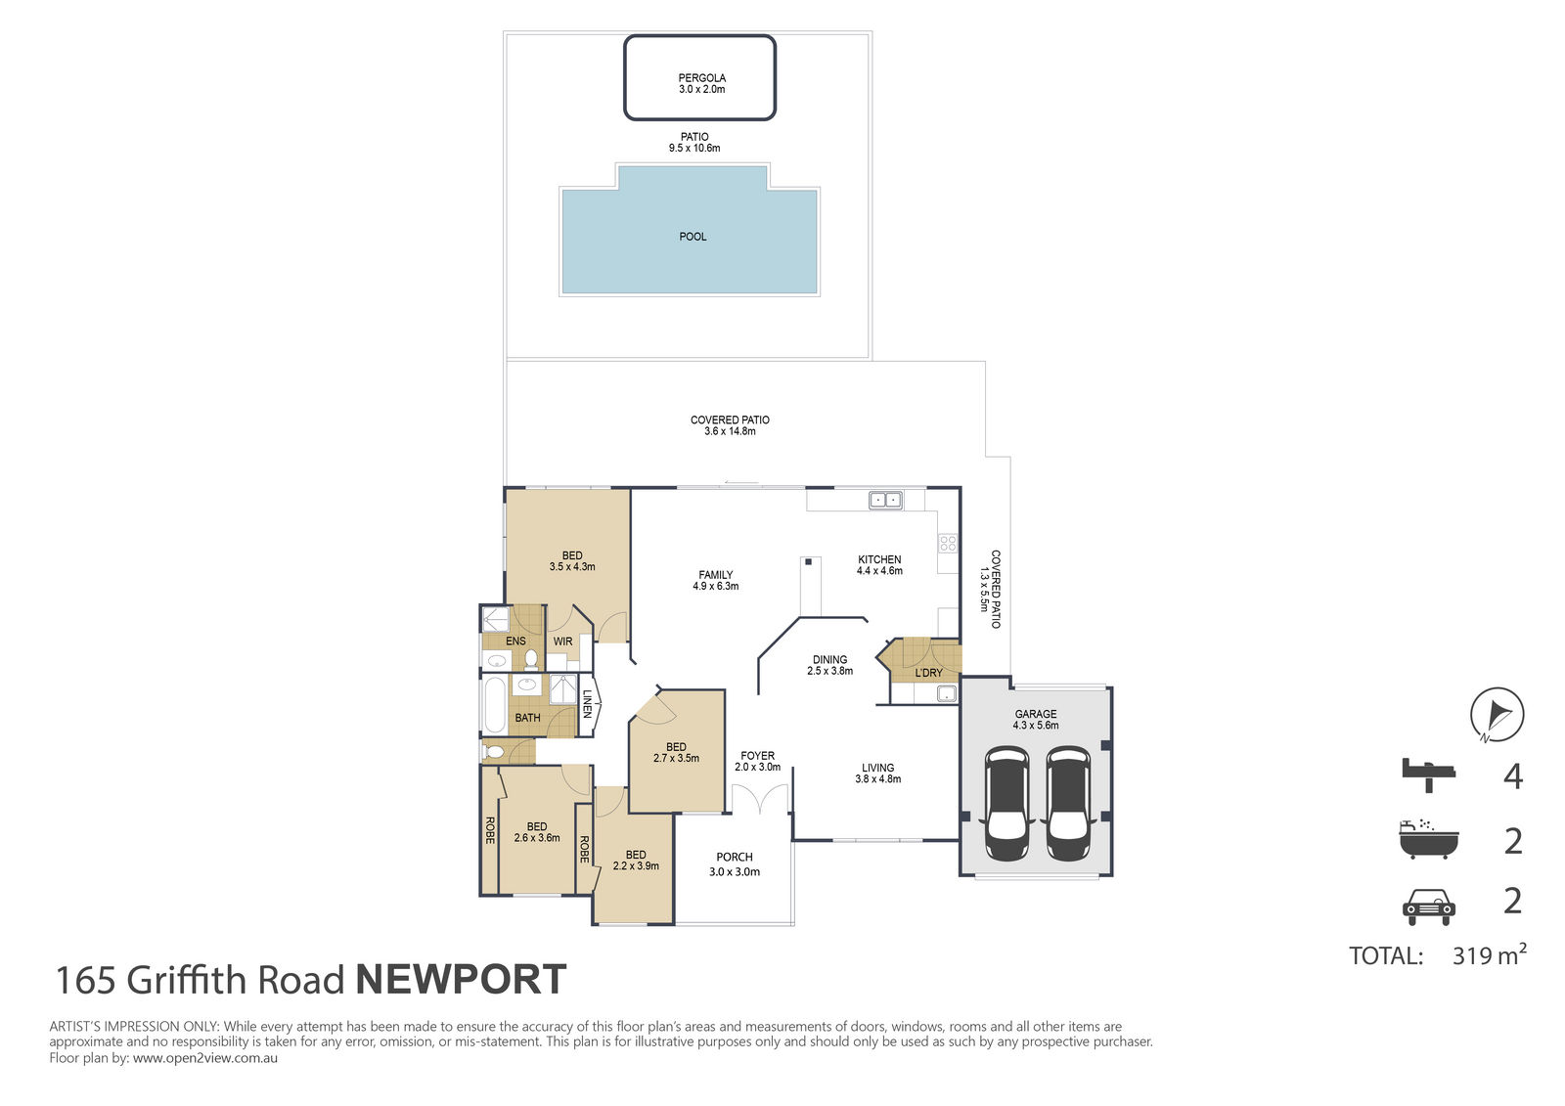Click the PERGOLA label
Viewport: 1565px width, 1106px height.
click(x=702, y=78)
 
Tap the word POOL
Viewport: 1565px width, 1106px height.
click(x=693, y=237)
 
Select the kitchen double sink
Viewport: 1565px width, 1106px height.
click(x=885, y=501)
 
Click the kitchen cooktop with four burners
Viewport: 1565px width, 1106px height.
click(x=948, y=543)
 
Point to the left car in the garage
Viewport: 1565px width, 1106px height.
click(x=1006, y=804)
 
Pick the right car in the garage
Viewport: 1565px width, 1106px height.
click(x=1067, y=804)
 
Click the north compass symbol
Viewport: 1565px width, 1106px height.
click(x=1498, y=715)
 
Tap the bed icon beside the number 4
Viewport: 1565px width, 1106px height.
click(x=1428, y=774)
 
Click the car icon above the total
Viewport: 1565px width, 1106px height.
click(x=1429, y=907)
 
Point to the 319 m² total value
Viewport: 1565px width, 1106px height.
click(x=1489, y=954)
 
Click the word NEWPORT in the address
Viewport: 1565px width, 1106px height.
click(x=461, y=980)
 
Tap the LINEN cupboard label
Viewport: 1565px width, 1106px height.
click(x=588, y=703)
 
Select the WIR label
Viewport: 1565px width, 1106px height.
click(x=563, y=641)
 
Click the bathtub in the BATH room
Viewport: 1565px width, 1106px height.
click(x=495, y=705)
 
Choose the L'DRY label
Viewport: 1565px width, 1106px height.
click(x=928, y=673)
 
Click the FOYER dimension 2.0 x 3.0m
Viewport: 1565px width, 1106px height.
click(x=757, y=767)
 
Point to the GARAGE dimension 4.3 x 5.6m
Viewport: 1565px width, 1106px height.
click(x=1036, y=726)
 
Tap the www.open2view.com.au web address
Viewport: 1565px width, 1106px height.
click(x=205, y=1058)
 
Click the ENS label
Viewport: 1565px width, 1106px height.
click(x=515, y=641)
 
